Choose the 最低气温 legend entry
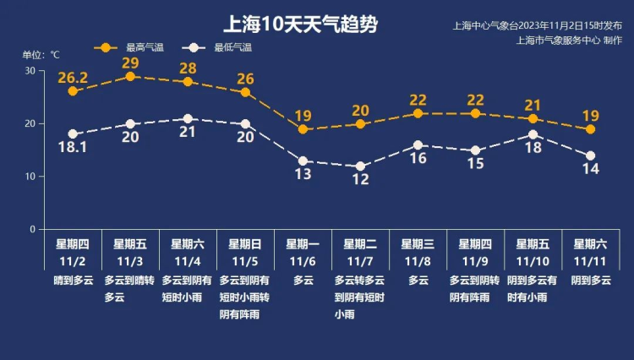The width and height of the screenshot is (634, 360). [220, 47]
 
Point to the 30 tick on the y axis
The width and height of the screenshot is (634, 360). [30, 70]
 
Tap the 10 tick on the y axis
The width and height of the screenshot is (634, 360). [30, 177]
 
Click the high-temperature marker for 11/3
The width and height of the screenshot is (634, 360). [130, 76]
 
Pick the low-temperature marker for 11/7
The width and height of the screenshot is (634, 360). [360, 166]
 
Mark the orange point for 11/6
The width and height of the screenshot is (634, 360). [303, 129]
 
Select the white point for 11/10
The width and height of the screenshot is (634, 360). [533, 134]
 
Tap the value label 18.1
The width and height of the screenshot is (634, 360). [74, 148]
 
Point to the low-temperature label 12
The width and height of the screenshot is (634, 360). [360, 180]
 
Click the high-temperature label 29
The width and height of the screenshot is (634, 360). [130, 63]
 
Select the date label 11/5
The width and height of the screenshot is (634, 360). [245, 260]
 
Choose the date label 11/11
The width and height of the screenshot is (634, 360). [590, 260]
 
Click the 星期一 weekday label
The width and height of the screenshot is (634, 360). [303, 244]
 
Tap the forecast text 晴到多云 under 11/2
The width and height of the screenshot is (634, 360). [72, 281]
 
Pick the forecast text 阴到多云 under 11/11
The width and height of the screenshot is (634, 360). [589, 281]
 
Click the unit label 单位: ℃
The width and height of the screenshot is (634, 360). [41, 54]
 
